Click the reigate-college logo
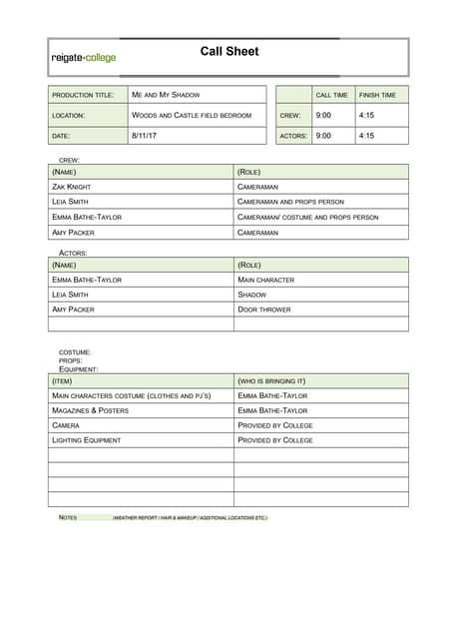(84, 58)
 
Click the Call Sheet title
(228, 51)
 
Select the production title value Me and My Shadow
(166, 95)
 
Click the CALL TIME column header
(331, 95)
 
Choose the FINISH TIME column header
(377, 95)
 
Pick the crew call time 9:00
(323, 115)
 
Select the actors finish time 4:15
(366, 135)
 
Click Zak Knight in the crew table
(73, 187)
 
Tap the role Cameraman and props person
(290, 202)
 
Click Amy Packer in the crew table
(73, 232)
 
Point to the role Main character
(265, 280)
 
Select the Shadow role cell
(252, 295)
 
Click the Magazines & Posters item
(90, 410)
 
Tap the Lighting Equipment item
(86, 439)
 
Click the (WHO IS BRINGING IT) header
(271, 381)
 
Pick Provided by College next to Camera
(275, 425)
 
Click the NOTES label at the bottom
(68, 517)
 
